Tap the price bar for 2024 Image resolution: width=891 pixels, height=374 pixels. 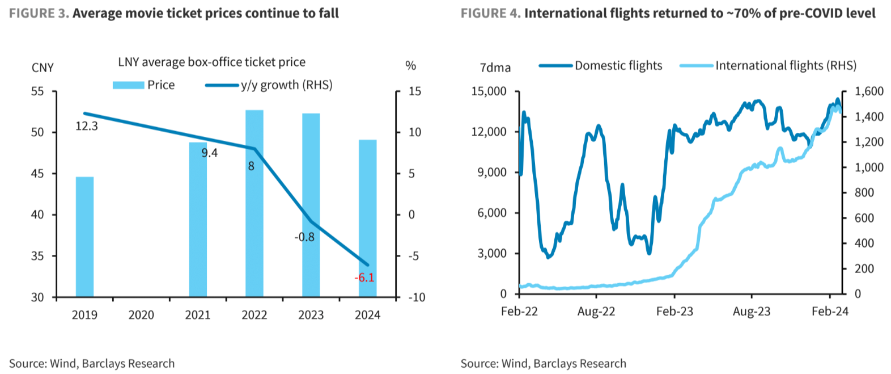coord(367,218)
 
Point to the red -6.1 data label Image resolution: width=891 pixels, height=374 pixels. coord(364,278)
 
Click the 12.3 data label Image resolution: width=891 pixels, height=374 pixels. coord(87,126)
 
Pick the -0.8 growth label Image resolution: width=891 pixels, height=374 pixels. coord(304,237)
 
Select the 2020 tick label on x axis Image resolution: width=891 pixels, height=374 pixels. coord(141,315)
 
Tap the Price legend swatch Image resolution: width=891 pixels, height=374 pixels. coord(128,85)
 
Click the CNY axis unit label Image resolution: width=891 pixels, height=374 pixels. coord(43,68)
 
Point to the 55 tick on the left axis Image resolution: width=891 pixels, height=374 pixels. coord(37,91)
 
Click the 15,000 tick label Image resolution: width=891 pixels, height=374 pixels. coord(489,91)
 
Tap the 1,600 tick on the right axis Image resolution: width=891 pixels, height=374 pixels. coord(869,91)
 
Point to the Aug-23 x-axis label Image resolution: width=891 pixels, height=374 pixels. coord(752,312)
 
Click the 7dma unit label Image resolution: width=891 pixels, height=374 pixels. coord(495,68)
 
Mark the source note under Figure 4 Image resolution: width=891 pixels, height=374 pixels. coord(543,363)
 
